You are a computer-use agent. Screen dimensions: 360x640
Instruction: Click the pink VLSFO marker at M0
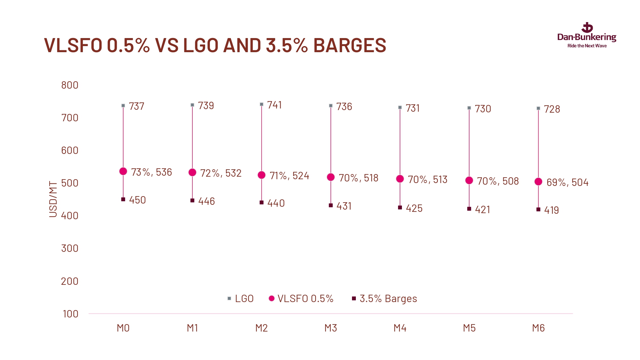pos(123,172)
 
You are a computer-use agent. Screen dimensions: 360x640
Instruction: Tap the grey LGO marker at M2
pos(261,104)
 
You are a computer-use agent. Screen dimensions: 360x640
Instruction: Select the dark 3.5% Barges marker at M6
pos(538,210)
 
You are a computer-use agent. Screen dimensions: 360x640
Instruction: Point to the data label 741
pos(275,105)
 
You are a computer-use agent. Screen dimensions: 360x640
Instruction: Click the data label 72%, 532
pos(221,173)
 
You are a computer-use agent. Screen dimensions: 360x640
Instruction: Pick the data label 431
pos(344,206)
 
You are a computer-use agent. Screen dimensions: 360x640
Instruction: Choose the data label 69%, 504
pos(567,182)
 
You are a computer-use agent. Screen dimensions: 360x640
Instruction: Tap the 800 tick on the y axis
pos(70,85)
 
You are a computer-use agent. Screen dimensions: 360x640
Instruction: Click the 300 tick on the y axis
pos(70,248)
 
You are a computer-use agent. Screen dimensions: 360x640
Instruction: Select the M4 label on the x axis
pos(400,328)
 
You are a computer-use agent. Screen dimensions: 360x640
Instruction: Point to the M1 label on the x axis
pos(192,328)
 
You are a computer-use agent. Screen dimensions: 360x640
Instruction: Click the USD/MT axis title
pos(53,199)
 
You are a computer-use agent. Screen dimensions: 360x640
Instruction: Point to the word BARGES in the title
pos(349,45)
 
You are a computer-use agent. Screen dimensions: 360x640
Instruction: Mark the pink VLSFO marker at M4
pos(400,179)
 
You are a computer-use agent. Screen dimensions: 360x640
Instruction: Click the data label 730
pos(483,109)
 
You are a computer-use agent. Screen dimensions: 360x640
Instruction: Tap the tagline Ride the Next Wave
pos(587,46)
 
